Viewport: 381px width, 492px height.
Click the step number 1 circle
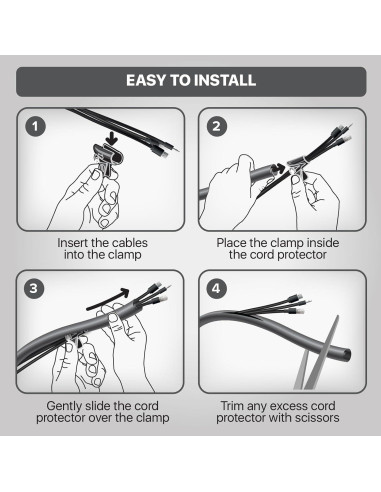(35, 126)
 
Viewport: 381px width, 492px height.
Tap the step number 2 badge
(216, 126)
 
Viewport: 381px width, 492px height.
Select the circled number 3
(34, 288)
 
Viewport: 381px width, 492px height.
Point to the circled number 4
(216, 288)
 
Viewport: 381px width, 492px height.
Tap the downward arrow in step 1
(113, 137)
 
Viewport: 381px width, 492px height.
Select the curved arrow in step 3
(108, 299)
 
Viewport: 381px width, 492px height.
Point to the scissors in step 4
(317, 354)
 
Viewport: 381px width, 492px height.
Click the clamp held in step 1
(108, 158)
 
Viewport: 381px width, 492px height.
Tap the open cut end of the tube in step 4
(347, 355)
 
